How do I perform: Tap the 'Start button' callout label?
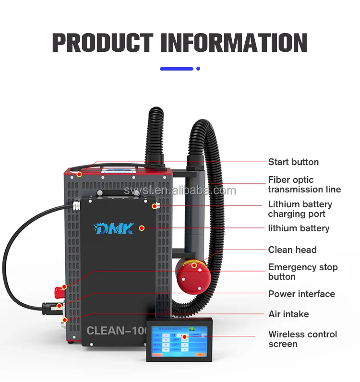[x=293, y=162]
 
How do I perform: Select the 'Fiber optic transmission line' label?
[x=304, y=185]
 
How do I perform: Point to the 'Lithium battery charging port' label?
[x=300, y=209]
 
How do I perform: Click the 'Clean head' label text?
[x=292, y=250]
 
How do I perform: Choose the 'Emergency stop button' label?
[x=302, y=272]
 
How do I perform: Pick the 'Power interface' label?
[x=301, y=294]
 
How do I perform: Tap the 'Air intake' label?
[x=288, y=314]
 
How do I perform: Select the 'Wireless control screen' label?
[x=302, y=339]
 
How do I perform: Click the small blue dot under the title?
[x=198, y=69]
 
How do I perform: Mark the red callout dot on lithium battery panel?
[x=142, y=227]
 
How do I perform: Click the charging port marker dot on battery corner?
[x=155, y=206]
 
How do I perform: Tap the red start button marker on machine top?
[x=79, y=174]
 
